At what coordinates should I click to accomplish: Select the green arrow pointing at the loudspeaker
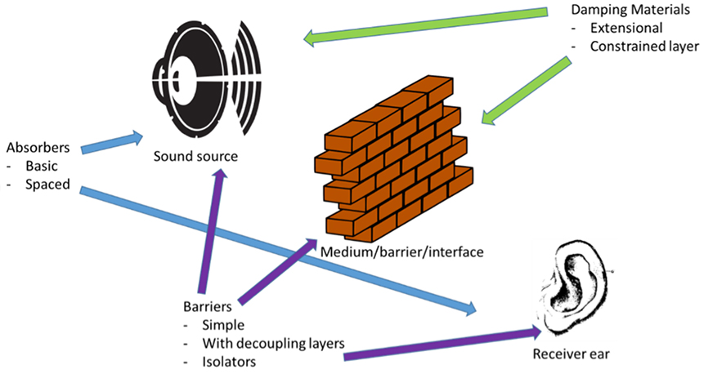[425, 24]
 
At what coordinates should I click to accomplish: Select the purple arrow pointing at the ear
[442, 343]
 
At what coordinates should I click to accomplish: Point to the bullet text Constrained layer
[644, 47]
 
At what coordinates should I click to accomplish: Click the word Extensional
[626, 29]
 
